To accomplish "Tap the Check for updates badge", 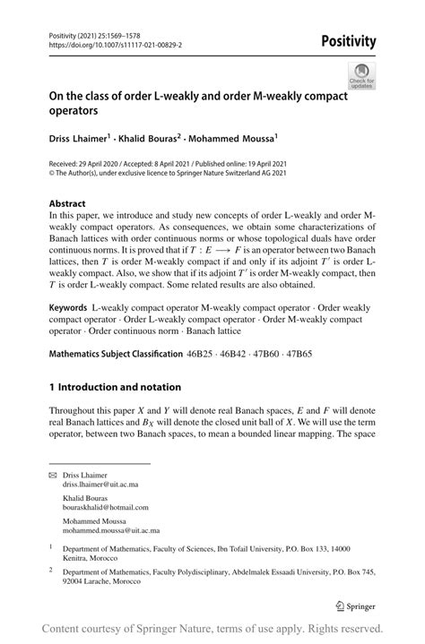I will (362, 75).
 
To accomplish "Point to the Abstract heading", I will (68, 203).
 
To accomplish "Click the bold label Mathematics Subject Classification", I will (116, 354).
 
